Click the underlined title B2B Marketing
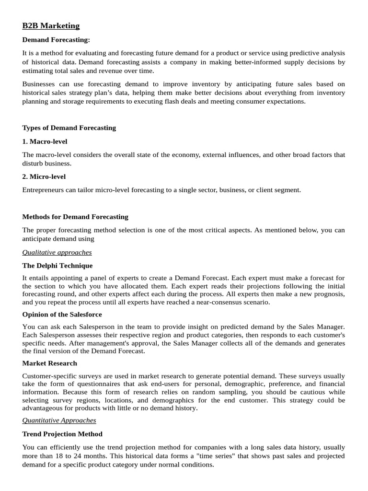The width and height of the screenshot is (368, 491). (51, 26)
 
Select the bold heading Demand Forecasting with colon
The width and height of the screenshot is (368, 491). (56, 40)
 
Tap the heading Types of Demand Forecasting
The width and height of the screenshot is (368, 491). (69, 128)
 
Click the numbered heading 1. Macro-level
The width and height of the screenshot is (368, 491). (45, 141)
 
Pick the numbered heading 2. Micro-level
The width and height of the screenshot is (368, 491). (44, 176)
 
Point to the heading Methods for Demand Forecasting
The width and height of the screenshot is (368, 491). (75, 217)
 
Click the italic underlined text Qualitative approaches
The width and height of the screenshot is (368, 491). (57, 252)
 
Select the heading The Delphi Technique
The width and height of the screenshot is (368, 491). (57, 266)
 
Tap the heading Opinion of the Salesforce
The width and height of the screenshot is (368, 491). (62, 315)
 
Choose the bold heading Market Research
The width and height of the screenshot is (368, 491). (49, 363)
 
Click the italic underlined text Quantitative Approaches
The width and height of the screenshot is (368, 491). (59, 421)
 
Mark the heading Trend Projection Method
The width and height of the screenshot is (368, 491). (62, 434)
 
